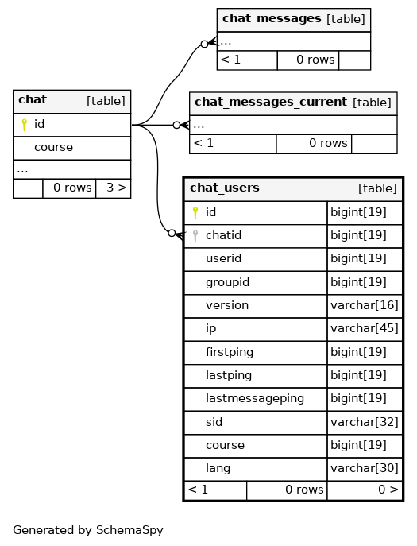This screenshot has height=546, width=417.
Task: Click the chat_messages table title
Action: coord(272,18)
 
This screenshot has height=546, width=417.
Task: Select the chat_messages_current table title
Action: coord(271,102)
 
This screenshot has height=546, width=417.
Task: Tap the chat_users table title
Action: coord(225,188)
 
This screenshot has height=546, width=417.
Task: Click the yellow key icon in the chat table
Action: coord(24,124)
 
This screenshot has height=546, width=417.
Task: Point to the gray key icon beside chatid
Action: coord(195,236)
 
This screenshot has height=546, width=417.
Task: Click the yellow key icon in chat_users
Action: coord(195,212)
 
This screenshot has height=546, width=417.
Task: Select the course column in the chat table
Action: coord(53,147)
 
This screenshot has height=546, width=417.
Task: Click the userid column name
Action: coord(223,258)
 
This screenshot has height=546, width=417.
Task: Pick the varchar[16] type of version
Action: coord(365,305)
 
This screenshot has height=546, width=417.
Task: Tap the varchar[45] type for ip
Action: coord(365,328)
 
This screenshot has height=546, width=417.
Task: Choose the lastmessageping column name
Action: coord(255,398)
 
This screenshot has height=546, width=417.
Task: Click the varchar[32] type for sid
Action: coord(365,422)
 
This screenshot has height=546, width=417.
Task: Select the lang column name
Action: coord(218,468)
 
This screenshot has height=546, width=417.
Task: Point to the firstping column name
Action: coord(230,352)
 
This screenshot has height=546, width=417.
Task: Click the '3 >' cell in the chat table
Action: coord(117,188)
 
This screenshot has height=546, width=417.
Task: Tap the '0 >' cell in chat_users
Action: coord(388,490)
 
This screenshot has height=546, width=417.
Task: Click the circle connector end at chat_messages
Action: coord(205,44)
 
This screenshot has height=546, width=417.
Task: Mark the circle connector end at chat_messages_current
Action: coord(177,125)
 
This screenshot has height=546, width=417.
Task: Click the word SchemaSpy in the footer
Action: coord(129,530)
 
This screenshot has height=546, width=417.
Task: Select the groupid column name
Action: coord(227,282)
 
